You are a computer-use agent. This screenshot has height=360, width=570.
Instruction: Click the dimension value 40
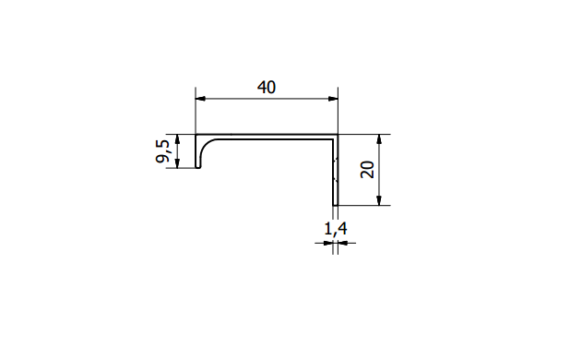(x=267, y=88)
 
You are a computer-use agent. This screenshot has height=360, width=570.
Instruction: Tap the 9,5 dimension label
(x=162, y=151)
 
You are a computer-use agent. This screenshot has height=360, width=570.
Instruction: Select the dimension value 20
(x=367, y=170)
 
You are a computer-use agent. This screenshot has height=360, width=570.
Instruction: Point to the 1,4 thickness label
(x=336, y=229)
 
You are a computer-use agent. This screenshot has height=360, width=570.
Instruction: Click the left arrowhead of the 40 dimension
(x=200, y=99)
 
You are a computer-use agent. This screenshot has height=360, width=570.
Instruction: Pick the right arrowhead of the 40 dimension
(x=333, y=99)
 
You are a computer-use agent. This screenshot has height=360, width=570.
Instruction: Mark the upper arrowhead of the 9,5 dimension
(x=177, y=139)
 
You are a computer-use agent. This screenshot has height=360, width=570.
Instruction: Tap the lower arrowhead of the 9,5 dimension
(x=177, y=163)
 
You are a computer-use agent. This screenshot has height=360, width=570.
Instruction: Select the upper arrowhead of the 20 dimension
(x=379, y=139)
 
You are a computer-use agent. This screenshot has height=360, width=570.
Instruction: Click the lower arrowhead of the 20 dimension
(x=379, y=200)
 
